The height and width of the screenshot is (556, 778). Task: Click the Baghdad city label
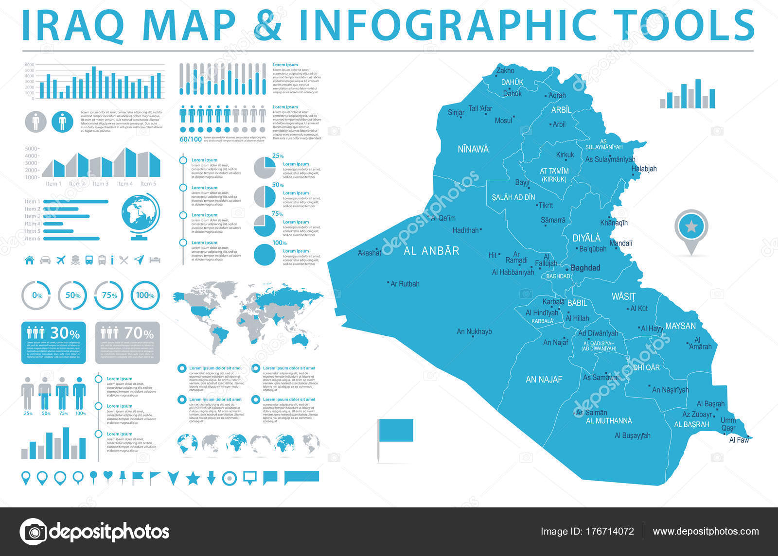[585, 268]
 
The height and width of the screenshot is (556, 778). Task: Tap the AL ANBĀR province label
[431, 251]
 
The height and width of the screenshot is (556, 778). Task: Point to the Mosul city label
[503, 121]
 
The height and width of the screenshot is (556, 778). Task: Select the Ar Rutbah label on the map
[405, 283]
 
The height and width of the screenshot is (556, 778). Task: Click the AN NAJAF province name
[544, 380]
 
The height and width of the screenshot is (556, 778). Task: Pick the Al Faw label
[739, 440]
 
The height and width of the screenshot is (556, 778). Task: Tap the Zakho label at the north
[505, 70]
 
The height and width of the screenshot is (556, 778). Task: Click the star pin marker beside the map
[691, 227]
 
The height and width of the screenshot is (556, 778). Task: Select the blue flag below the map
[395, 430]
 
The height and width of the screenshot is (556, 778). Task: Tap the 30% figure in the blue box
[65, 333]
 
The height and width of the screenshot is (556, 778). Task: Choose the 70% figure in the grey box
[139, 333]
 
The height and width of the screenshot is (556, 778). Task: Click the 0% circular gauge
[37, 295]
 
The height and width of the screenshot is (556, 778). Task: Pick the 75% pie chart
[265, 226]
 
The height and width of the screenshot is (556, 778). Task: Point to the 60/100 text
[191, 139]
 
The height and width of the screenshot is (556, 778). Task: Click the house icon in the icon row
[29, 260]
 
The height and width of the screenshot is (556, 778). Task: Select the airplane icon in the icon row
[61, 260]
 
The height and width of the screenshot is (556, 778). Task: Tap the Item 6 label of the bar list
[33, 239]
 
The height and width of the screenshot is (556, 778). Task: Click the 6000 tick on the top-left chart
[29, 65]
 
